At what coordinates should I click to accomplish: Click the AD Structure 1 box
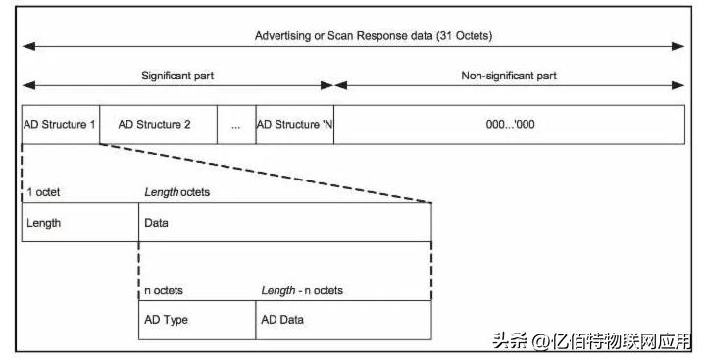coord(60,125)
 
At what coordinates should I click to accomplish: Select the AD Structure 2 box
coord(154,125)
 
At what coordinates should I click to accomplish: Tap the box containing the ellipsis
coord(235,126)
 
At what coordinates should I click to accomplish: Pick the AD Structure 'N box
coord(294,125)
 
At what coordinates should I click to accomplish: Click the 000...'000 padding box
coord(510,125)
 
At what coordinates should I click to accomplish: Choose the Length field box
coord(79,223)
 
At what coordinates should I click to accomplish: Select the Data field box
coord(284,223)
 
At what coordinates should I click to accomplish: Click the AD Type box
coord(196,320)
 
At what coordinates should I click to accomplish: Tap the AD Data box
coord(343,320)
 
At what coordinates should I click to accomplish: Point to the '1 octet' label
coord(43,192)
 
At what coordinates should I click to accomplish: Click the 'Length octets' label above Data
coord(176,192)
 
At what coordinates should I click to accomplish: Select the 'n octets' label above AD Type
coord(164,290)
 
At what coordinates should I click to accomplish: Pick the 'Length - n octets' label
coord(301,290)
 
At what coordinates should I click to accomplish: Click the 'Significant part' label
coord(177,75)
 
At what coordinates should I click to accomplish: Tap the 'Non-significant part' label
coord(510,75)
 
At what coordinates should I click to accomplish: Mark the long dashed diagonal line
coord(265,174)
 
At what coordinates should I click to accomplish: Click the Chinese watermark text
coord(592,341)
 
